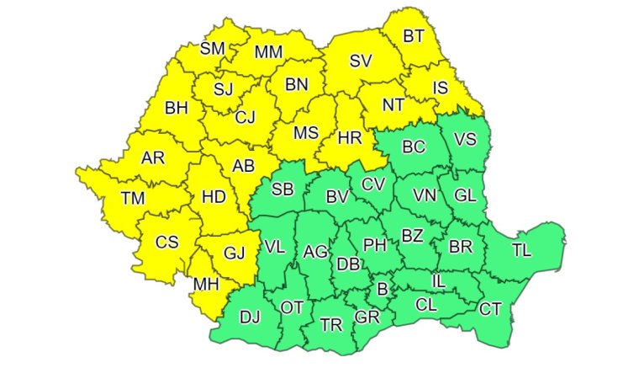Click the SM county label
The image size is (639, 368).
(x=212, y=49)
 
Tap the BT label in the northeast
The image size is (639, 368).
(x=414, y=36)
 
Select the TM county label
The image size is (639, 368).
(x=132, y=198)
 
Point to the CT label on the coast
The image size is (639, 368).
(x=490, y=309)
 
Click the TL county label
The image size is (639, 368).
(x=521, y=249)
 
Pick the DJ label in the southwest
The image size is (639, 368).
(x=250, y=317)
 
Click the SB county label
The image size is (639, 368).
(x=282, y=189)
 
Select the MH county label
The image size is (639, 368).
(x=206, y=284)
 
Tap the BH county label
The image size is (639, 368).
(x=177, y=108)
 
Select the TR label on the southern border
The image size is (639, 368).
(x=331, y=324)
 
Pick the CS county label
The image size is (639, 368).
(x=166, y=243)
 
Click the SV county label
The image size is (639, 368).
(x=361, y=61)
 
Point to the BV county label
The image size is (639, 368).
(x=337, y=197)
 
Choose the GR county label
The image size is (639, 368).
(x=367, y=317)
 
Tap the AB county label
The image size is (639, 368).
(x=242, y=166)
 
